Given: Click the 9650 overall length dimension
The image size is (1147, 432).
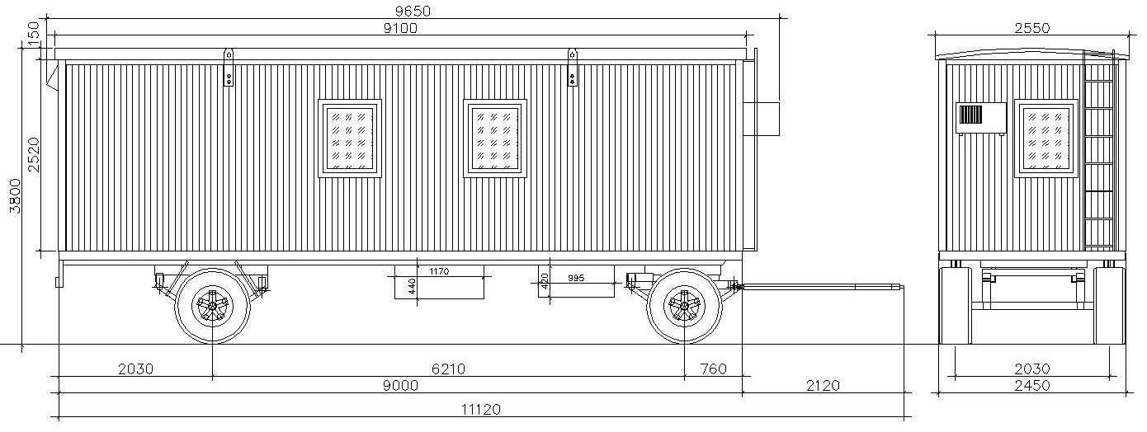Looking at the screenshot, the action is tap(413, 11).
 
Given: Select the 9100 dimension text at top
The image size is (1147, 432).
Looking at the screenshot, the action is tap(400, 28).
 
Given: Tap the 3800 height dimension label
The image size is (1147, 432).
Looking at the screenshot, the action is tap(15, 196).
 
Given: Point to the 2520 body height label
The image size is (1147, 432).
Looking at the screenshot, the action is tap(33, 154).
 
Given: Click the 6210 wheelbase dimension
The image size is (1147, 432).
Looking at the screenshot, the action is tap(449, 369).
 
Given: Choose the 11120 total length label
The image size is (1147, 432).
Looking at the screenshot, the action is tap(481, 410).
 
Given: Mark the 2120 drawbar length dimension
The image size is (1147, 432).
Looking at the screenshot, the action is tap(823, 385).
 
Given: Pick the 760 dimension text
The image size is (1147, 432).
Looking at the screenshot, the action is tap(713, 369).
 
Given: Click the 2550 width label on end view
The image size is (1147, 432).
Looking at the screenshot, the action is tap(1032, 28).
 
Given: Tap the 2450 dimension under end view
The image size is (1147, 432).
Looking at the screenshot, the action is tap(1032, 385).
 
